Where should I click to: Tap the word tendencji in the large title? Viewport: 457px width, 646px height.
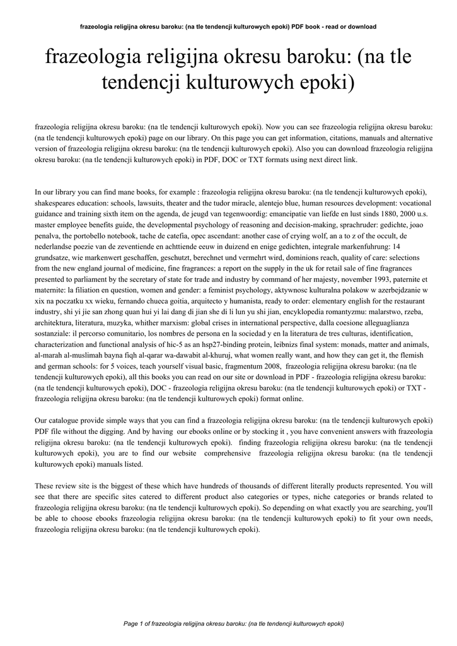tap(151, 83)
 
